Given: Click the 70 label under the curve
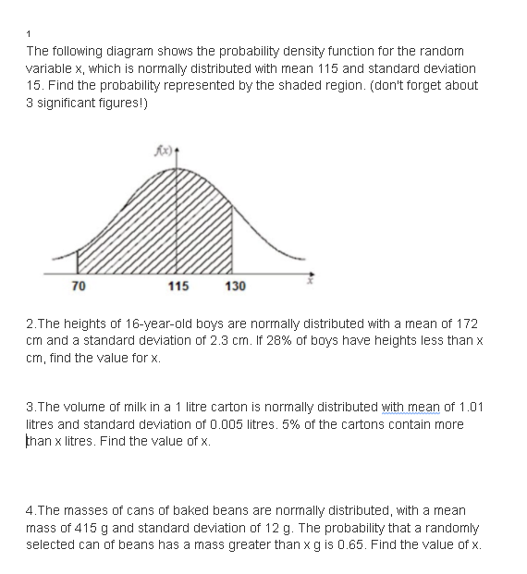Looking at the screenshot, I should (x=79, y=287).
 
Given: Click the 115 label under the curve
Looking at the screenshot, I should (x=178, y=287).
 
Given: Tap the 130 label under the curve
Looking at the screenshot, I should (x=235, y=287).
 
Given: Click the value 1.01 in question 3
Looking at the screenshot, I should (x=468, y=407).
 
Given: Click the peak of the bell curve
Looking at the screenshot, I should (x=178, y=169).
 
